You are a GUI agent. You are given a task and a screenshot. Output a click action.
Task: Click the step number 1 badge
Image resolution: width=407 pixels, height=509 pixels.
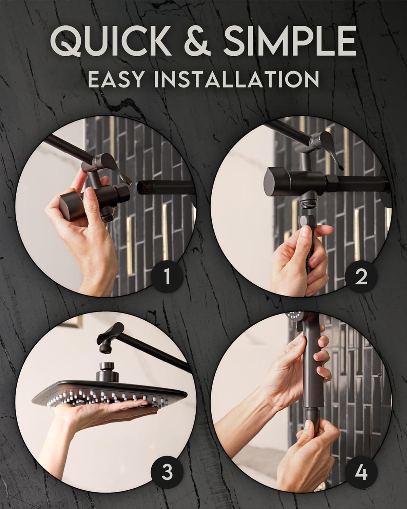coord(167,278)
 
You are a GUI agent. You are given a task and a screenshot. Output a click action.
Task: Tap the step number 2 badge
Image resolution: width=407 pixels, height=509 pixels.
coord(362,278)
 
